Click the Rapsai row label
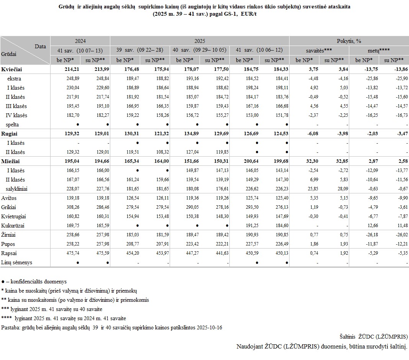(x=10, y=253)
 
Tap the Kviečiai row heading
(x=11, y=69)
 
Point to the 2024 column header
(x=80, y=41)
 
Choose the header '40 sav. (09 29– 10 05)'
(x=200, y=50)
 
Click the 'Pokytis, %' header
(x=349, y=41)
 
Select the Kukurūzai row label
(x=13, y=226)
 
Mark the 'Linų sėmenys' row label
(x=17, y=262)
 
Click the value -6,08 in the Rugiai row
(x=307, y=133)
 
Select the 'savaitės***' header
(x=319, y=50)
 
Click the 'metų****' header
(x=379, y=50)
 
